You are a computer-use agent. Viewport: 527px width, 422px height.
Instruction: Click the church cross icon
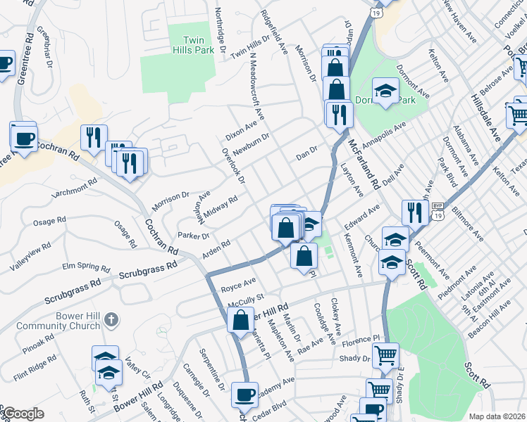tap(110, 321)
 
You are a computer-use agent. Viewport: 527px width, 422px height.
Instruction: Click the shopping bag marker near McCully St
tap(241, 319)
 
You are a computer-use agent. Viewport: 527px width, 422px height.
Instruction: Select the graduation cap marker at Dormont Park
tap(385, 91)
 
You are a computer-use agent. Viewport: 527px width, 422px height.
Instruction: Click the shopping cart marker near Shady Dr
tap(385, 355)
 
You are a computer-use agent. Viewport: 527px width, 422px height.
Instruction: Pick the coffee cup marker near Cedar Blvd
tap(245, 396)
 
